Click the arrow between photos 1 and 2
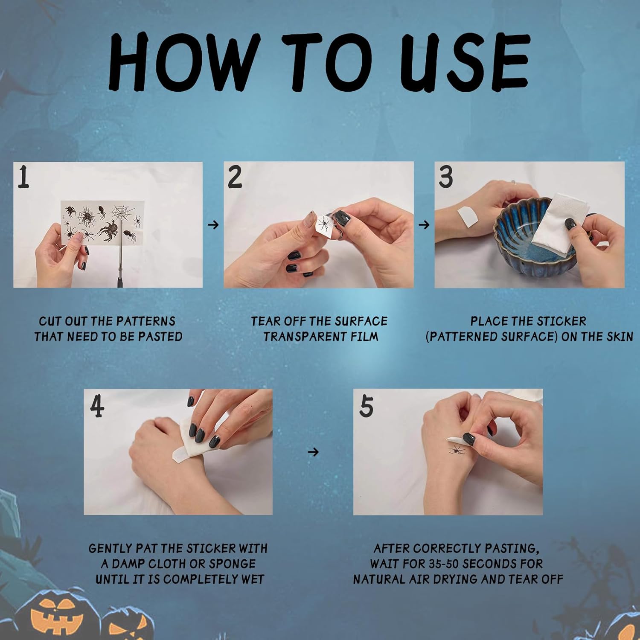tap(213, 224)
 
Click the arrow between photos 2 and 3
tap(424, 224)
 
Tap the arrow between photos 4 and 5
tap(313, 452)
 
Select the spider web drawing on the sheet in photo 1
tap(122, 212)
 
